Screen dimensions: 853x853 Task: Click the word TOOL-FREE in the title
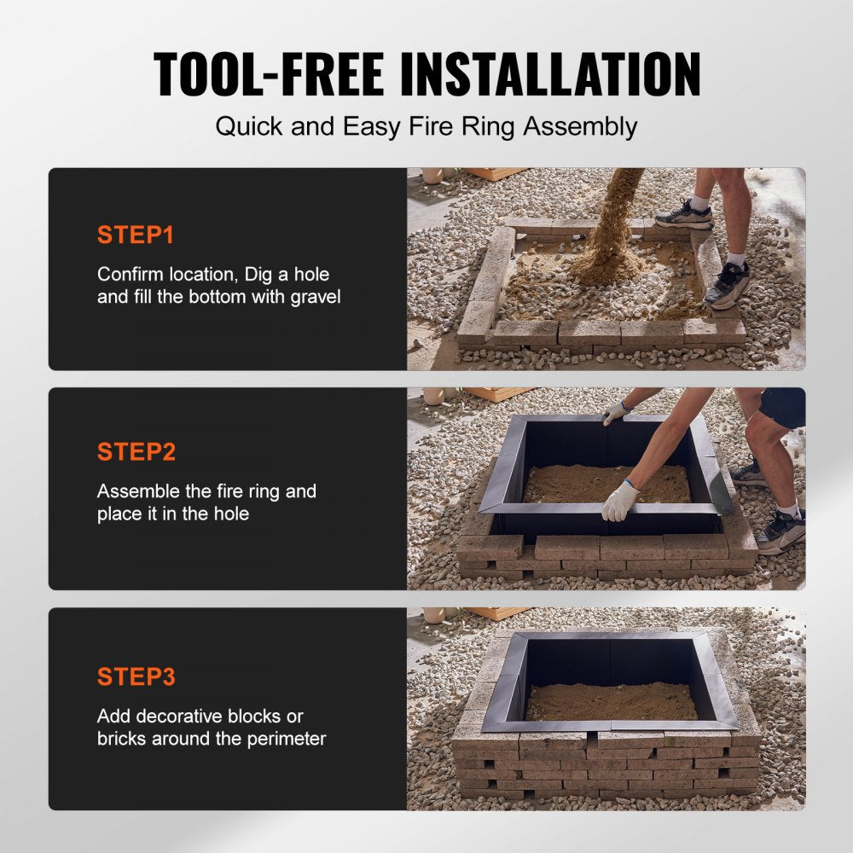(269, 74)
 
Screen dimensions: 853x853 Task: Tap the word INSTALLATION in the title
(550, 74)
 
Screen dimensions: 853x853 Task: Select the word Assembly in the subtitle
(580, 128)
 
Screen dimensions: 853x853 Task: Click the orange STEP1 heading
(136, 235)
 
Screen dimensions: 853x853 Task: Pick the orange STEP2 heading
(136, 451)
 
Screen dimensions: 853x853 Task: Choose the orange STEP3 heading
(136, 676)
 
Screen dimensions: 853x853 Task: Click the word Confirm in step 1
(130, 274)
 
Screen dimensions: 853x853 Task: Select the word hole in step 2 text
(231, 514)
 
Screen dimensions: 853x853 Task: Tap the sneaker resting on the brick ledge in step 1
(684, 216)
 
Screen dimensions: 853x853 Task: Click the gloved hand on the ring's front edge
(620, 501)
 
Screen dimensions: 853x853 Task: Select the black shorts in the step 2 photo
(782, 408)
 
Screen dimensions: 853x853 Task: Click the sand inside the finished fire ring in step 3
(612, 702)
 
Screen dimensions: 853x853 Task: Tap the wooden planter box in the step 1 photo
(492, 173)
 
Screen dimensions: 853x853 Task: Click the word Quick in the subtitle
(249, 127)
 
